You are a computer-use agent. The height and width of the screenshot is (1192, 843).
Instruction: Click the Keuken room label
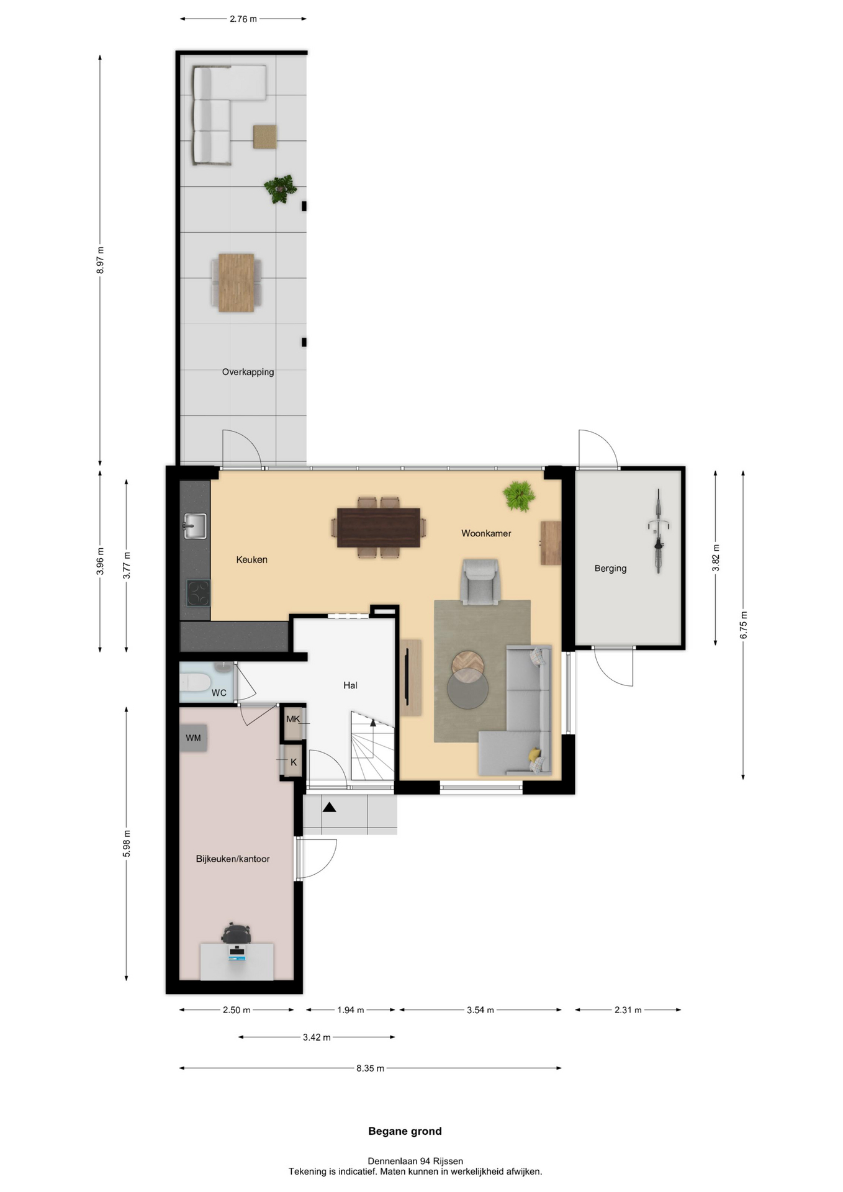tap(251, 559)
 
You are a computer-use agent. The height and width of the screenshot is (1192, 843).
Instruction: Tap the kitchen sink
tap(195, 526)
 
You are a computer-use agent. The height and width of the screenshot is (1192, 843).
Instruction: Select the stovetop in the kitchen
tap(199, 592)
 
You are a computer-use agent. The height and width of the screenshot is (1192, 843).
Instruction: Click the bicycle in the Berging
tap(658, 531)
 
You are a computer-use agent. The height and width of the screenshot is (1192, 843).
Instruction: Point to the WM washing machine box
tap(193, 738)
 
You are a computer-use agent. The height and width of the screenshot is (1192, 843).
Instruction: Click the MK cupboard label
tap(293, 719)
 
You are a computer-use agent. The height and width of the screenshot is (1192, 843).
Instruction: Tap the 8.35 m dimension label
tap(370, 1068)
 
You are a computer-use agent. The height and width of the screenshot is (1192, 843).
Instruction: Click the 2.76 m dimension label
tap(243, 19)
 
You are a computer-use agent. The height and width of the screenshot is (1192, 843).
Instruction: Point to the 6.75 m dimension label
tap(744, 625)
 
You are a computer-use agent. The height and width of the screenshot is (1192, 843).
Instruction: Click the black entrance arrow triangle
tap(329, 807)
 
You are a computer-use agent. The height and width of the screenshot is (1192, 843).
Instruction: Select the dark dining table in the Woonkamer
tap(379, 527)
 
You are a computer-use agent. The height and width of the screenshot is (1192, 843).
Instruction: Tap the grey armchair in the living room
tap(480, 581)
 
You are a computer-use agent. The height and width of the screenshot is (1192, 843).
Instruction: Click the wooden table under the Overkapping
tap(237, 282)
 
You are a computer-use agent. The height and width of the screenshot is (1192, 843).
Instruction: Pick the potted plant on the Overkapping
tap(280, 188)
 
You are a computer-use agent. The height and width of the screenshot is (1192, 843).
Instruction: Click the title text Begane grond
tap(405, 1131)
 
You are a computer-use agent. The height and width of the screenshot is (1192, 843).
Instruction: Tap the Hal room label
tap(350, 685)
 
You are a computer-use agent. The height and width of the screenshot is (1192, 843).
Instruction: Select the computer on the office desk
tap(237, 952)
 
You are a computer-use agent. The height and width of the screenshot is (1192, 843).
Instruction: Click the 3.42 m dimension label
tap(317, 1037)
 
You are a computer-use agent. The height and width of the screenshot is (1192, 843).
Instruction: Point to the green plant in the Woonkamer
tap(519, 495)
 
